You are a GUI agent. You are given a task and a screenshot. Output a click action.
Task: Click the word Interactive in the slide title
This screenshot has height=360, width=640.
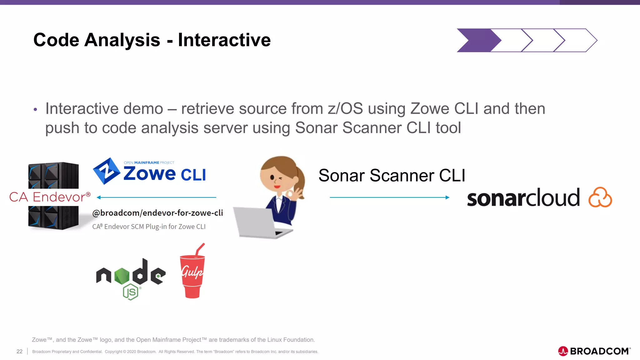(x=224, y=40)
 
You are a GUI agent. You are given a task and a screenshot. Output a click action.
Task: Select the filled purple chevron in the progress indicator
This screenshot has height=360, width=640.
(x=477, y=40)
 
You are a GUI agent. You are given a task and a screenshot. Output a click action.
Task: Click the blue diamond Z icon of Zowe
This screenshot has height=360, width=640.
(x=107, y=171)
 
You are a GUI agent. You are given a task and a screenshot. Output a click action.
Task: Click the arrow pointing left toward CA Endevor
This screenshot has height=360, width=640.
(x=156, y=197)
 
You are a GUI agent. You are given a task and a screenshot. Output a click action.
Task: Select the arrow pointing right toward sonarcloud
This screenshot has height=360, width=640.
(x=389, y=197)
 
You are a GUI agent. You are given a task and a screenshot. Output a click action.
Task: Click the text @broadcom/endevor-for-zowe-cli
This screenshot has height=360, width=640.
(x=157, y=213)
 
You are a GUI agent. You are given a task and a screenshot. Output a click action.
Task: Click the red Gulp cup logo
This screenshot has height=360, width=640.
(x=192, y=275)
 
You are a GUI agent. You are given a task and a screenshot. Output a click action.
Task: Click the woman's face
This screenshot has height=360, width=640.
(x=275, y=178)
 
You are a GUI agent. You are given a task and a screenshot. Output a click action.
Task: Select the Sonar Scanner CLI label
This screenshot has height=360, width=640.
(x=392, y=175)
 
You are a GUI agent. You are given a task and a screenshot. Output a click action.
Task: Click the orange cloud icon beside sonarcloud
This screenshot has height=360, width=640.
(x=600, y=197)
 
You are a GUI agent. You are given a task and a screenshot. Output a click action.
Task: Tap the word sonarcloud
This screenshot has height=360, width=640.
(x=523, y=198)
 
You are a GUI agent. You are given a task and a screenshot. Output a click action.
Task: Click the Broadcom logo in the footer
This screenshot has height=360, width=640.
(x=594, y=351)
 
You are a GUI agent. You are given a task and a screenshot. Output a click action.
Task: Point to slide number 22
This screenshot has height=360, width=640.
(x=19, y=351)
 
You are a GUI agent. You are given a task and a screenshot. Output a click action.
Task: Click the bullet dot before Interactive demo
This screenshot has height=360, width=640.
(x=35, y=109)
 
